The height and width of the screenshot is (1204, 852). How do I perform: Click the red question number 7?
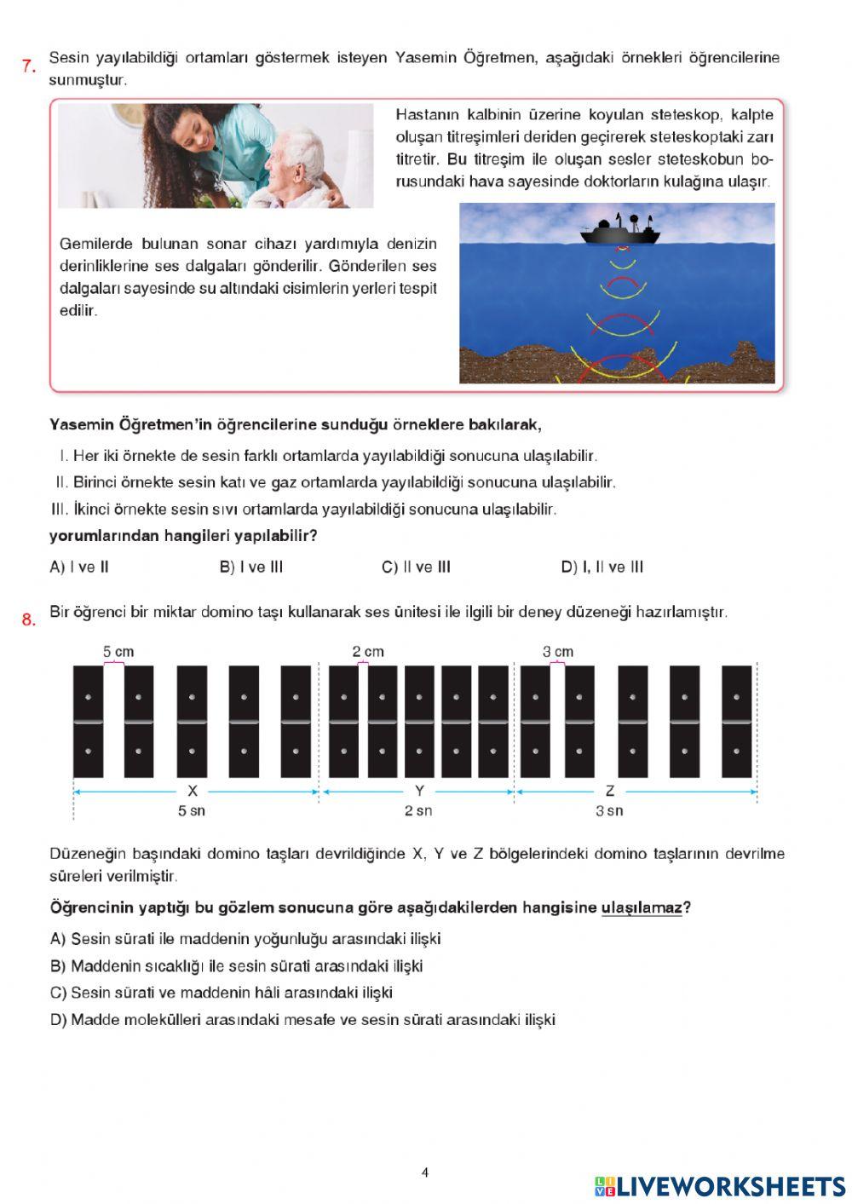tap(28, 66)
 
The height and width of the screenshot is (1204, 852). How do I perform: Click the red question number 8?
tap(28, 619)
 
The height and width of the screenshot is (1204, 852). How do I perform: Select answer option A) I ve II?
tap(79, 567)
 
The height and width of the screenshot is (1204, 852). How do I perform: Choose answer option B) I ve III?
tap(250, 567)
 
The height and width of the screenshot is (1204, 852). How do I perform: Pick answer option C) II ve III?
tap(416, 567)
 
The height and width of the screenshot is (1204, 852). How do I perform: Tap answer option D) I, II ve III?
tap(602, 567)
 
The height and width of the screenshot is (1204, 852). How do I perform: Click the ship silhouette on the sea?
tap(620, 230)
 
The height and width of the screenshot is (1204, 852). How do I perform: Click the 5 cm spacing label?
tap(118, 652)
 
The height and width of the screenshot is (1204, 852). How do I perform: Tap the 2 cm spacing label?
tap(368, 652)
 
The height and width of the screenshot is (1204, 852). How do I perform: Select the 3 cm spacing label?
tap(557, 652)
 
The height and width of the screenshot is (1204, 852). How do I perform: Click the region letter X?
tap(193, 791)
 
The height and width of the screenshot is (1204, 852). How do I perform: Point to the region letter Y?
tap(419, 791)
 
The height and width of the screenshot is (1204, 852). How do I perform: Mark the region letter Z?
tap(609, 791)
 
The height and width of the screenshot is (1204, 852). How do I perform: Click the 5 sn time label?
tap(191, 811)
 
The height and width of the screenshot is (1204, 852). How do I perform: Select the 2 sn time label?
tap(418, 811)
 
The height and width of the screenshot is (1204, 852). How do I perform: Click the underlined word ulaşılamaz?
tap(641, 908)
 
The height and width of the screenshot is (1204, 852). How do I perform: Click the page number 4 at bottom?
tap(425, 1172)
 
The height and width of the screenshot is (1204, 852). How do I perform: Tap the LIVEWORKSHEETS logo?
tap(720, 1186)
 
